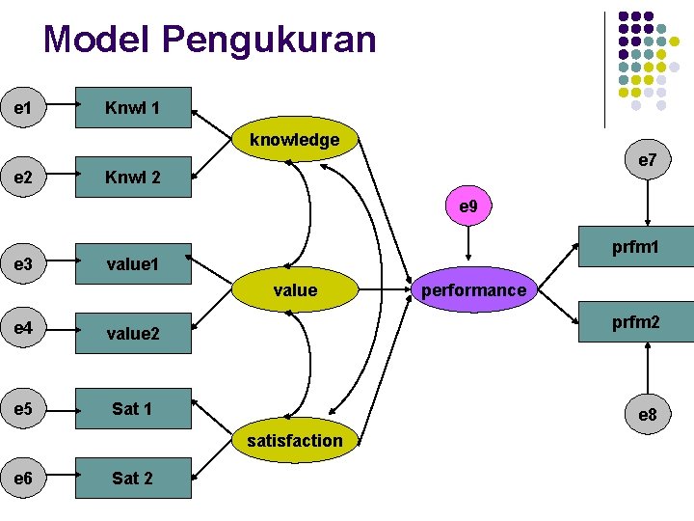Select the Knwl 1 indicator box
133,108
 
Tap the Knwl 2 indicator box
133,178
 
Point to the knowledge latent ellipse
294,141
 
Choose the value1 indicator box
133,262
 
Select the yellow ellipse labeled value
294,289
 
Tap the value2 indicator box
133,334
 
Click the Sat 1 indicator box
133,408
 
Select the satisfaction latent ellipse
294,441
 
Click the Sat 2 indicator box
133,478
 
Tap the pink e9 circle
467,206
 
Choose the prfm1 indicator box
635,249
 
